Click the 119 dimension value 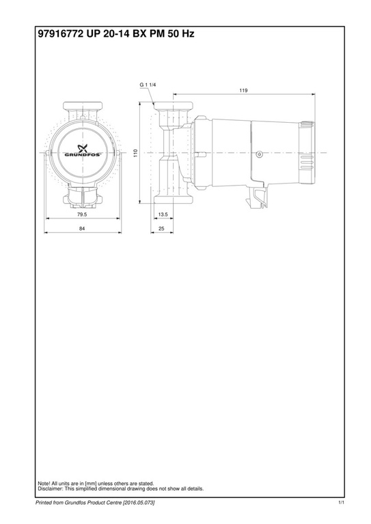(243, 90)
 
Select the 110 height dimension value (136, 154)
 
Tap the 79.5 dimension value (82, 214)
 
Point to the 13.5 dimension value (163, 214)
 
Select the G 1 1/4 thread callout (148, 84)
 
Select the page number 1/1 (341, 503)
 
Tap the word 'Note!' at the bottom (44, 484)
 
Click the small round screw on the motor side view (259, 154)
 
